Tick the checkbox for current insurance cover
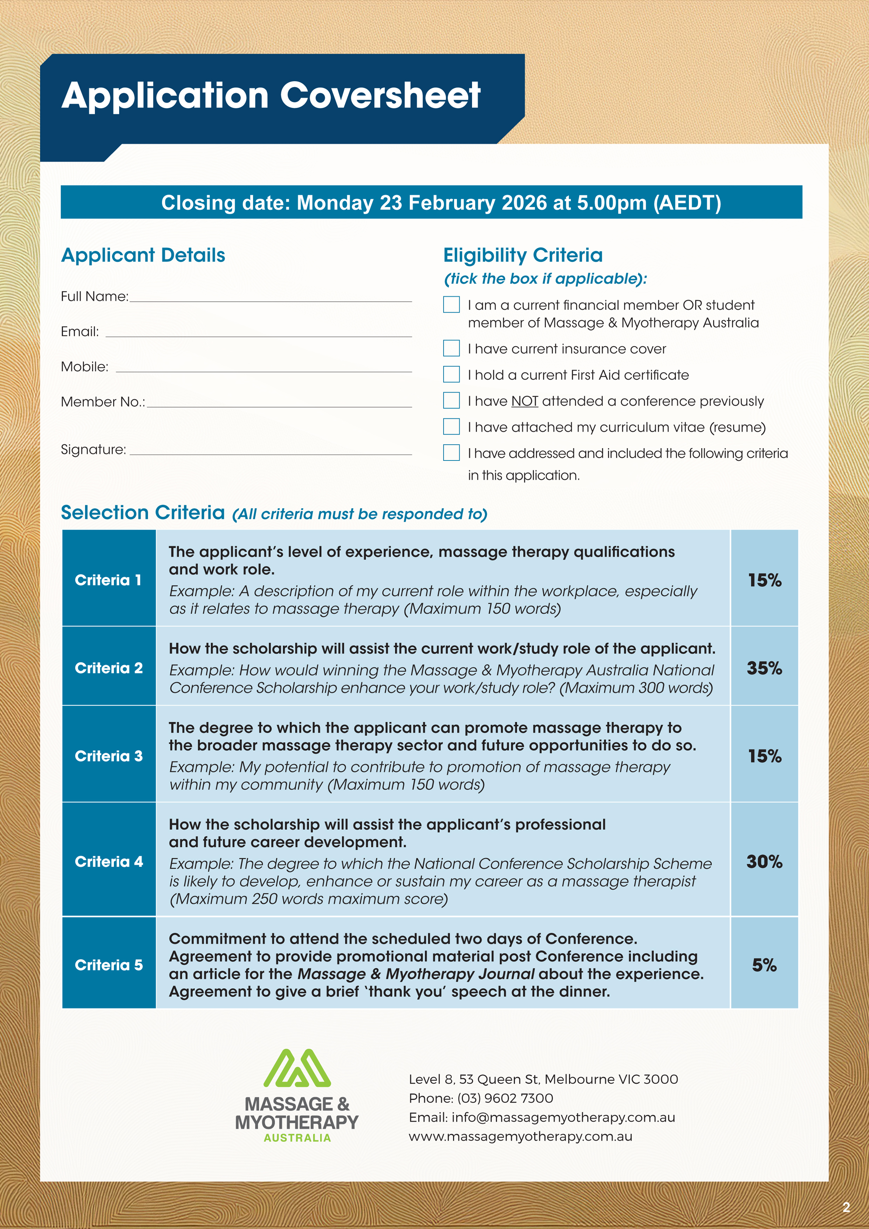(451, 348)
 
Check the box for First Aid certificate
(451, 374)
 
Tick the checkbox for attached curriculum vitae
(451, 426)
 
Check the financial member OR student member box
(451, 305)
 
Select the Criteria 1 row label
(109, 580)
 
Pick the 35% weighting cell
(764, 668)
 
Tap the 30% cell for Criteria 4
(764, 861)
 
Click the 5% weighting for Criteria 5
(764, 964)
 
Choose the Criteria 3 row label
(109, 756)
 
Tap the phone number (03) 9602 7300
(505, 1098)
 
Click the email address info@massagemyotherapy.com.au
(563, 1118)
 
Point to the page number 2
(846, 1207)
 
